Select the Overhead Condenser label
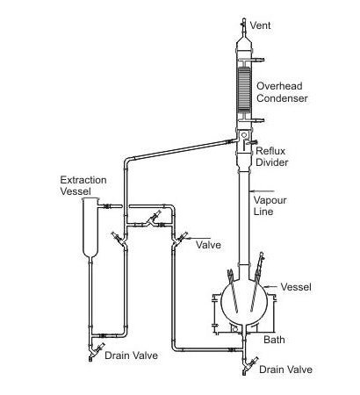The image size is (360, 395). tap(280, 91)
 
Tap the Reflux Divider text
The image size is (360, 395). tap(271, 156)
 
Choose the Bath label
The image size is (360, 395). tap(273, 338)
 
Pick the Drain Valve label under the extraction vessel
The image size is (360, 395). tap(131, 356)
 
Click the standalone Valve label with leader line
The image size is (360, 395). tap(208, 243)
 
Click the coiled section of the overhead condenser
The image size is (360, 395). tap(243, 88)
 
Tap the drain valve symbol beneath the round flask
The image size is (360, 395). tap(247, 361)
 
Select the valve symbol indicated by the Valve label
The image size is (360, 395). tap(181, 237)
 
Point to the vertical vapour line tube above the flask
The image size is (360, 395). tap(243, 211)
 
